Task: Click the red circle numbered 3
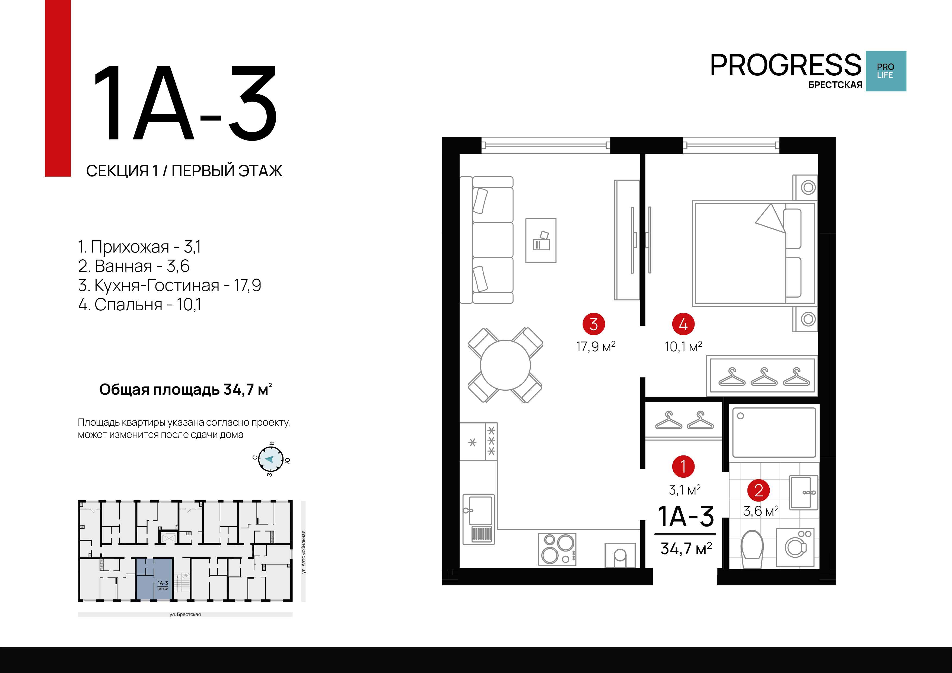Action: (x=594, y=324)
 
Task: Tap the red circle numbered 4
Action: (x=683, y=324)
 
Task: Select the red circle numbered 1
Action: (x=683, y=467)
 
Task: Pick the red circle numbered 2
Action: (x=758, y=490)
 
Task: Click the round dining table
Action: (x=505, y=365)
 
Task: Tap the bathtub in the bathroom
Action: (x=774, y=432)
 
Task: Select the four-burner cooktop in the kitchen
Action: (x=557, y=549)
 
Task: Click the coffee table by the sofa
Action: (x=541, y=241)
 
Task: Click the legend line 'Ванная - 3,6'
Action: (x=134, y=266)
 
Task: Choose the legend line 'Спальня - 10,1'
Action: (x=140, y=304)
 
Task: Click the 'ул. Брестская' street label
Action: (x=185, y=614)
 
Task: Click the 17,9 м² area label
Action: (x=596, y=347)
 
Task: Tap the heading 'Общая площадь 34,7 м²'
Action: (x=185, y=389)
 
